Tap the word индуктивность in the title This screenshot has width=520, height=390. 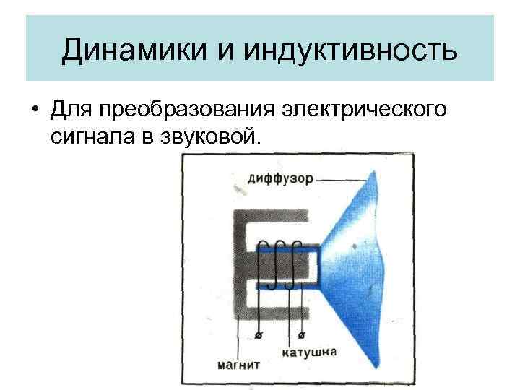(x=352, y=51)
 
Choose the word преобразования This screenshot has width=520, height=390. (x=189, y=110)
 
